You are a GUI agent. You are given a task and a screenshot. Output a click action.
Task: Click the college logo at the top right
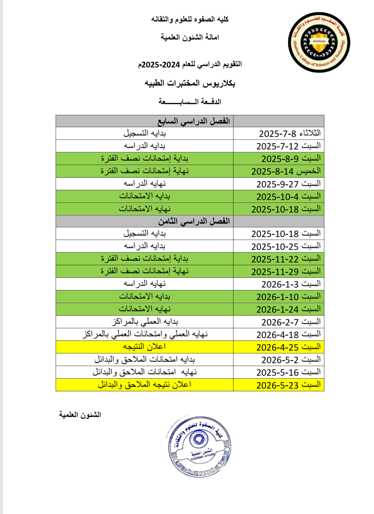tap(319, 43)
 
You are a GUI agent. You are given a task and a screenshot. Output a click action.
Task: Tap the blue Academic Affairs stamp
tap(199, 446)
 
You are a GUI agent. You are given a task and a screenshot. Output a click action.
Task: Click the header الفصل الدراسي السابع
tap(194, 121)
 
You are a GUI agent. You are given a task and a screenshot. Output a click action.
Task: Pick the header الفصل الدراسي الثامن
tap(194, 221)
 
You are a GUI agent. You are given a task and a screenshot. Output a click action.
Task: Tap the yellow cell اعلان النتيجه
tap(144, 347)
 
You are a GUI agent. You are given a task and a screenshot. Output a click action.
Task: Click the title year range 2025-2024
tap(161, 65)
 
